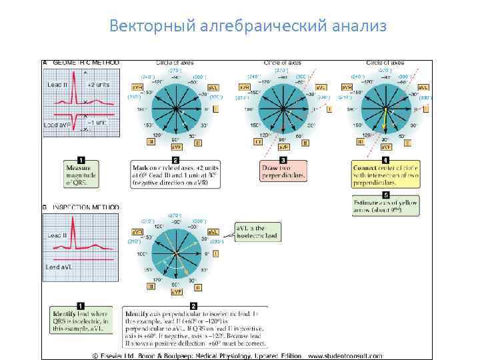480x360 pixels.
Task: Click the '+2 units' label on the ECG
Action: (x=99, y=85)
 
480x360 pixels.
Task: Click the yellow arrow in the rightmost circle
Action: (x=385, y=119)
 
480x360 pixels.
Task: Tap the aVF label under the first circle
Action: (x=177, y=147)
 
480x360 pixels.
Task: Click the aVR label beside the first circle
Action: (x=137, y=87)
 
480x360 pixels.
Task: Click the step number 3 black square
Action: (x=283, y=159)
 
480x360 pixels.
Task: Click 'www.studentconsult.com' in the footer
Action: (x=386, y=354)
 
